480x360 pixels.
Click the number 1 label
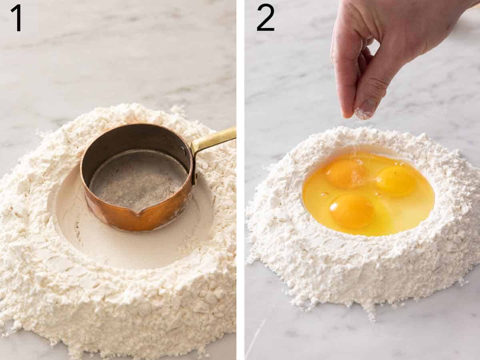(16, 18)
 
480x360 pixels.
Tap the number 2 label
(265, 18)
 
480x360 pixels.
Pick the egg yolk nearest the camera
(352, 210)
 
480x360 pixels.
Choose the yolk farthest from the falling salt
(396, 180)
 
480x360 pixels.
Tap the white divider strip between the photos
(240, 180)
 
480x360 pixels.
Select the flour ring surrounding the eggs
(360, 264)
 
